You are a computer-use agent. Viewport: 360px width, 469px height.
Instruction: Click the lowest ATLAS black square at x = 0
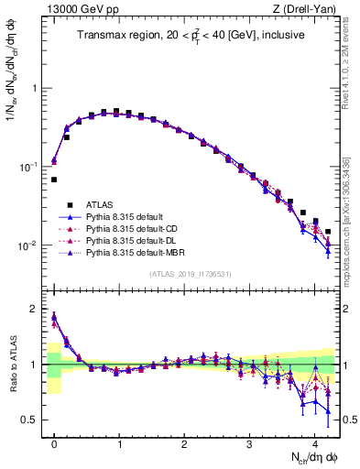click(x=54, y=180)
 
